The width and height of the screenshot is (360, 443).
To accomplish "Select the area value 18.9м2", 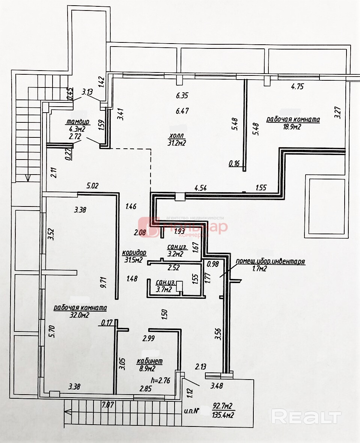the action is [293, 127].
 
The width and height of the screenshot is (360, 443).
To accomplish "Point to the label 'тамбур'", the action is [77, 122].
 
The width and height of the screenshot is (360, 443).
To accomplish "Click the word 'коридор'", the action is [134, 253].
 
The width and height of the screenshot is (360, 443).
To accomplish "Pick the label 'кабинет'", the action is [149, 361].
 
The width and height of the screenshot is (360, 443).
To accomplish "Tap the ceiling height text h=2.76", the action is [161, 380].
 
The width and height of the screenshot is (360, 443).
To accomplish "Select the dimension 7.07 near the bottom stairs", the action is [108, 404].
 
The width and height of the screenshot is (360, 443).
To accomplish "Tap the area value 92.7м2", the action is [223, 406].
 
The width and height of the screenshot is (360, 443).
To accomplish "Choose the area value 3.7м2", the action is [164, 289].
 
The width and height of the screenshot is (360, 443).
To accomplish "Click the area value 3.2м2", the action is [175, 254].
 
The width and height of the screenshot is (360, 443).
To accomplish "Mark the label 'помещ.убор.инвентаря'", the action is [270, 261].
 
